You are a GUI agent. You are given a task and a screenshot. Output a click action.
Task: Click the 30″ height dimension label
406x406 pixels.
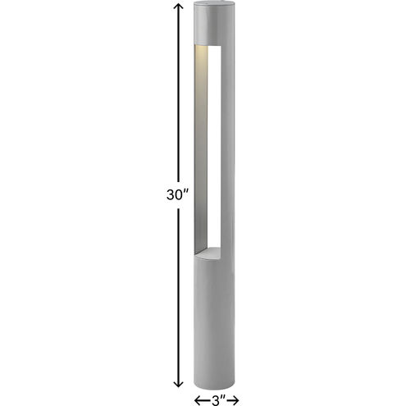177,194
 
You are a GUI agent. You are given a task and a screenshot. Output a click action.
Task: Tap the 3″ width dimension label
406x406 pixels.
218,400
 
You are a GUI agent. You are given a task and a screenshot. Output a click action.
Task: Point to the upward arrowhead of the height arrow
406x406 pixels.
178,7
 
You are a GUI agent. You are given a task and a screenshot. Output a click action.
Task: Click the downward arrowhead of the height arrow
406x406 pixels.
178,383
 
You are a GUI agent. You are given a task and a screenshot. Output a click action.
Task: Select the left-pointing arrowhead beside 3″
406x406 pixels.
198,400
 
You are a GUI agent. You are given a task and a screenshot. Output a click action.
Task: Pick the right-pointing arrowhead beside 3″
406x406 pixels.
235,400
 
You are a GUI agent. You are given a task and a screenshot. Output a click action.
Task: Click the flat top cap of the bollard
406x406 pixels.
214,4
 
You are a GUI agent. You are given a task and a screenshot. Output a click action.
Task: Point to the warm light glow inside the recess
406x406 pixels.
201,71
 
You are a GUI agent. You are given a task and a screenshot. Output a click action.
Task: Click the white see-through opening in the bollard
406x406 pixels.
214,146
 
